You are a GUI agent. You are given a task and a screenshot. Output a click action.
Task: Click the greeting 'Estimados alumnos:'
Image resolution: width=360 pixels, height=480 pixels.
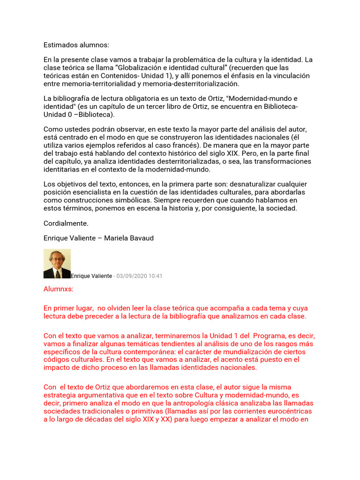click(76, 45)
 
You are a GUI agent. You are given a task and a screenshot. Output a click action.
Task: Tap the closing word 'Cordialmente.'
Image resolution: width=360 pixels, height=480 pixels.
click(66, 223)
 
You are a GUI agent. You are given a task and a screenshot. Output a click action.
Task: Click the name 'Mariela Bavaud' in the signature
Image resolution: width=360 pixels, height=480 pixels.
click(129, 238)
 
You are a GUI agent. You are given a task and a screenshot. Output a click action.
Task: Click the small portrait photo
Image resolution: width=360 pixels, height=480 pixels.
click(57, 263)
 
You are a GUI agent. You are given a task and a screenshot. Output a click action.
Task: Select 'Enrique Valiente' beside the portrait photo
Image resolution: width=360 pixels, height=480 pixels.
click(91, 276)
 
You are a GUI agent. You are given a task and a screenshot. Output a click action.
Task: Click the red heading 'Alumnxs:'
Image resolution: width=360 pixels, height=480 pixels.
click(59, 289)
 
